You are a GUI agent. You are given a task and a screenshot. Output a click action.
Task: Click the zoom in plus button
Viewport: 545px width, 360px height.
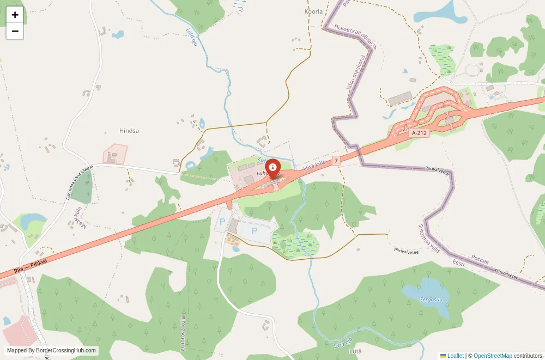[15, 15]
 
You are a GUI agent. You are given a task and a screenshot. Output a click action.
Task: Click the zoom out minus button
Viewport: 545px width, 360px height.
[15, 31]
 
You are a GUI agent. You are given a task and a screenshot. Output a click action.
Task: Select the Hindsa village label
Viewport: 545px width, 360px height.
[129, 131]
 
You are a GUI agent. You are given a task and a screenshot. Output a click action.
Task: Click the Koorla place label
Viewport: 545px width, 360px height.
[313, 11]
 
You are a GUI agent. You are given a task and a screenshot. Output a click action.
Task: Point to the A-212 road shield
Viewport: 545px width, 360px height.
[419, 132]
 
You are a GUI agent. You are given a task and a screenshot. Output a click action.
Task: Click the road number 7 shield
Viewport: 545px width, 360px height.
[336, 160]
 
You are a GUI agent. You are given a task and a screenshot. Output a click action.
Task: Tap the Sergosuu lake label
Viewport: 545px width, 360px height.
[431, 299]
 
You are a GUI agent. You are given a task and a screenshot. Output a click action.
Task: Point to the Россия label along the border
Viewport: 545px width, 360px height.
[480, 259]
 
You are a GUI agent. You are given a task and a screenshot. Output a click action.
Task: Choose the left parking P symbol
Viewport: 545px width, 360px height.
[222, 222]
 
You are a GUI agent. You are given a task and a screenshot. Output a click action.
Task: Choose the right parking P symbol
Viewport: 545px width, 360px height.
[254, 231]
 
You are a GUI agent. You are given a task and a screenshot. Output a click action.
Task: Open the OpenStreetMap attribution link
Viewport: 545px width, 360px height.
[493, 356]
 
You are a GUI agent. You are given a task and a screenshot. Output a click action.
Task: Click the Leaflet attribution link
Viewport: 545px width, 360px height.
[455, 356]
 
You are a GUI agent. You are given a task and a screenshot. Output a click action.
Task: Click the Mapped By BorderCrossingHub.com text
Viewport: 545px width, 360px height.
[52, 351]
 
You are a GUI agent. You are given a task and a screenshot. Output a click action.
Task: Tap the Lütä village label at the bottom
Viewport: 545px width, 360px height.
[355, 351]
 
